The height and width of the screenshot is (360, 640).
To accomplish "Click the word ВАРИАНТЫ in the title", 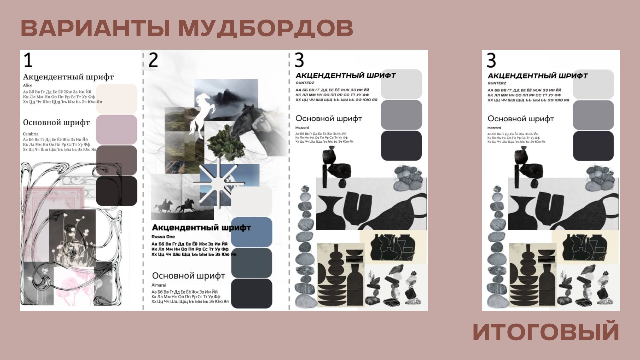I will [95, 28].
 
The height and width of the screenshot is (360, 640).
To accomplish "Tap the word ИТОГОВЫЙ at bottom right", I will [546, 332].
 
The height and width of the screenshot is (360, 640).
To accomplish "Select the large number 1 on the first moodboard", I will [28, 60].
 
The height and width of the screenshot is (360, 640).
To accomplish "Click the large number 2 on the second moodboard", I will [153, 60].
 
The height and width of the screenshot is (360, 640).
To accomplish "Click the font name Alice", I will [27, 85].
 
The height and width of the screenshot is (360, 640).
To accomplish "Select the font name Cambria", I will [31, 134].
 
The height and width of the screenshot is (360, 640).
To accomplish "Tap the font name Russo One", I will [163, 237].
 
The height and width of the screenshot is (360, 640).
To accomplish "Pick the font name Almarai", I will [159, 285].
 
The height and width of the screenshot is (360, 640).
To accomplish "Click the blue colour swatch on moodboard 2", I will [252, 232].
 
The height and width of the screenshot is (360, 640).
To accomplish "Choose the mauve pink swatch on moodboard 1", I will [116, 129].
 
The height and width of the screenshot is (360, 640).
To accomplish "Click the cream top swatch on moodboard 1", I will [116, 99].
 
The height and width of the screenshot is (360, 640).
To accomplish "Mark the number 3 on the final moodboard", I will [491, 61].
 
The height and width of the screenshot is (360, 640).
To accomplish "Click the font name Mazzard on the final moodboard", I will [494, 128].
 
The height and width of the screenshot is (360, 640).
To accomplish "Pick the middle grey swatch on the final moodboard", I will [593, 115].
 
